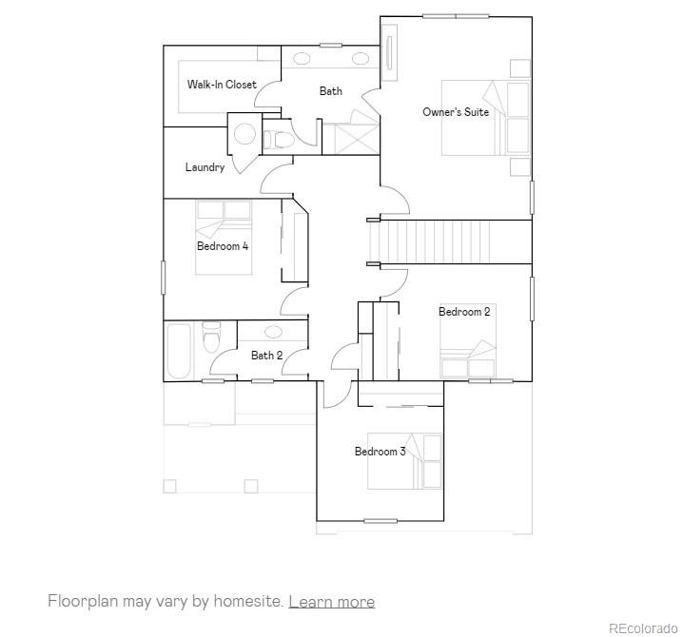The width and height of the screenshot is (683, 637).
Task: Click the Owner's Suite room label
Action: (456, 112)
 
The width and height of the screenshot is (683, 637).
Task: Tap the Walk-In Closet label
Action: (222, 85)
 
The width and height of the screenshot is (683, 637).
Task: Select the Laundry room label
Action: (205, 167)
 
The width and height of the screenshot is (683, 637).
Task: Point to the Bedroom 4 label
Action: (223, 246)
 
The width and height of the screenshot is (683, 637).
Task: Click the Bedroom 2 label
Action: (464, 312)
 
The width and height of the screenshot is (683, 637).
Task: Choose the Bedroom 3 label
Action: (381, 452)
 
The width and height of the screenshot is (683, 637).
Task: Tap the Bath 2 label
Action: (266, 356)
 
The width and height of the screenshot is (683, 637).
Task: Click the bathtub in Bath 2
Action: (179, 351)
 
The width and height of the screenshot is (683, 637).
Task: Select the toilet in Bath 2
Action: (212, 337)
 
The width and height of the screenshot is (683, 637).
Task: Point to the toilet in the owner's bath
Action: (278, 140)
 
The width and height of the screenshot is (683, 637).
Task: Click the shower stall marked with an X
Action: (357, 139)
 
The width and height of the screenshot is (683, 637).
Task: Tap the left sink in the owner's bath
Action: (302, 58)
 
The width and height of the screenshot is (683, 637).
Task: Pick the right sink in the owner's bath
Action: (361, 58)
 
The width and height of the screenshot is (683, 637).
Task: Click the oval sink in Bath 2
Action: (273, 332)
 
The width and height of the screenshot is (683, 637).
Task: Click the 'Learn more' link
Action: (331, 602)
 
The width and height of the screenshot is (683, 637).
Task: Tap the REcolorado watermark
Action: (643, 628)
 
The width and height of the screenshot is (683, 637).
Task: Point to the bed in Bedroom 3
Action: (404, 461)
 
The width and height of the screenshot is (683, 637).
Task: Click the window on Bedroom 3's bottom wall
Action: (381, 521)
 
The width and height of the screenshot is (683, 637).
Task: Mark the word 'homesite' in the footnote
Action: (248, 601)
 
